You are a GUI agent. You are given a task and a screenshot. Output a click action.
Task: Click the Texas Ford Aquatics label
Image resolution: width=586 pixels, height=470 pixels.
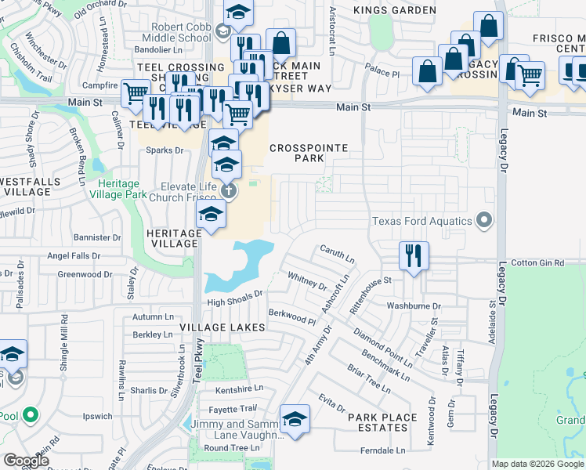pos(422,221)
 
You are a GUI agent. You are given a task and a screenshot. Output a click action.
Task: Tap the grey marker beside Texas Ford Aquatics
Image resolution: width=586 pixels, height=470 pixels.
pos(485,220)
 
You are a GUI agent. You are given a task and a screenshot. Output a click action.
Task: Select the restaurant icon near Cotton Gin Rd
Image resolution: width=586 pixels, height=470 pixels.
pos(413,255)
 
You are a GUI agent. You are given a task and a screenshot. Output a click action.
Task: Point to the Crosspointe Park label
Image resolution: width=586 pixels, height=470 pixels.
pos(297,153)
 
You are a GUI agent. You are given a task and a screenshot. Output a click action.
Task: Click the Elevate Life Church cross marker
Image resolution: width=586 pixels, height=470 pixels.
pos(228,190)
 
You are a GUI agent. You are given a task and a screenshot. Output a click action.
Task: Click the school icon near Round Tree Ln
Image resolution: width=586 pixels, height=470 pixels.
pos(295,420)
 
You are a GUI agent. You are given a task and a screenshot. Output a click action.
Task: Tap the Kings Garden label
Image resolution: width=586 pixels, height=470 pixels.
pos(394,10)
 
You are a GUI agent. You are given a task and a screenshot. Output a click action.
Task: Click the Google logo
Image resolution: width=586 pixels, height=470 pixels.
pos(26,460)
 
